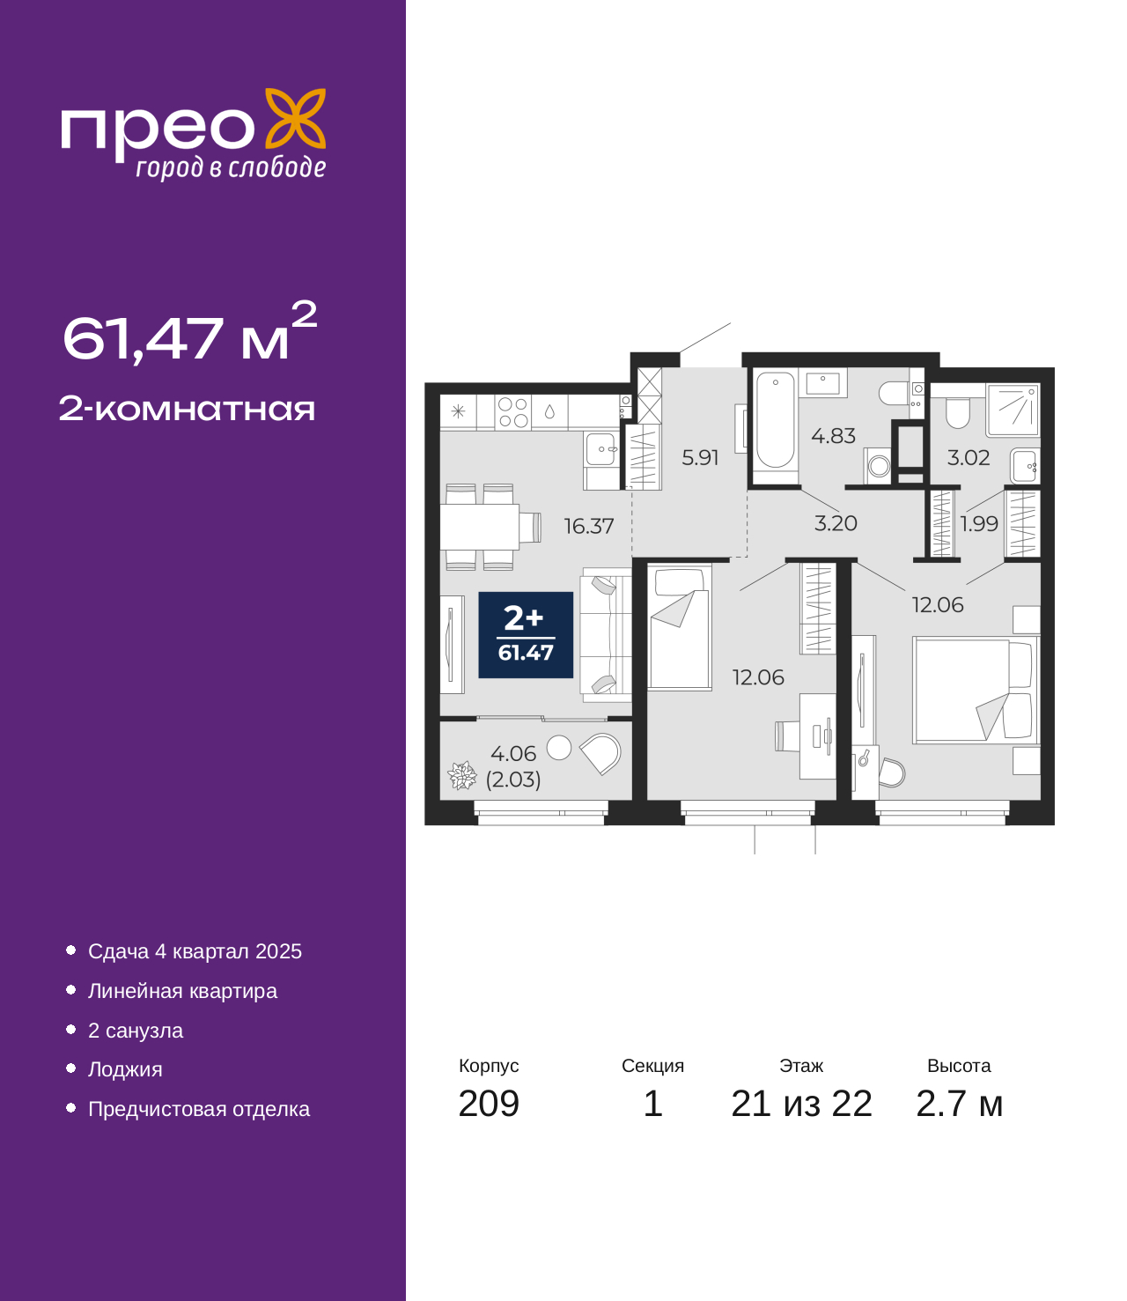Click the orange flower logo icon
(x=295, y=119)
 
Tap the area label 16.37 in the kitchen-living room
(x=588, y=526)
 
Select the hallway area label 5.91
(x=700, y=457)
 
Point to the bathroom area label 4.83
(x=833, y=435)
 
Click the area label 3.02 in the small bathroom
(x=969, y=457)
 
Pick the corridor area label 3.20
(x=836, y=523)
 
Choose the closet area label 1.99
(x=979, y=524)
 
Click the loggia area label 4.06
(x=513, y=753)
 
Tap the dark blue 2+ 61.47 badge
(x=526, y=635)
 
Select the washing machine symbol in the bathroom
(x=877, y=466)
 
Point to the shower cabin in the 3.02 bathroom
(x=1013, y=410)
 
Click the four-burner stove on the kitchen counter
(x=512, y=412)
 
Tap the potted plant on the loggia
(x=462, y=775)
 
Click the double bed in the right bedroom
(x=975, y=691)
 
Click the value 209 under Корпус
(x=489, y=1104)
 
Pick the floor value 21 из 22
(x=801, y=1104)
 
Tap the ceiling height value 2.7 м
(x=959, y=1104)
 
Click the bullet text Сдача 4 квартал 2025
(x=195, y=951)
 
